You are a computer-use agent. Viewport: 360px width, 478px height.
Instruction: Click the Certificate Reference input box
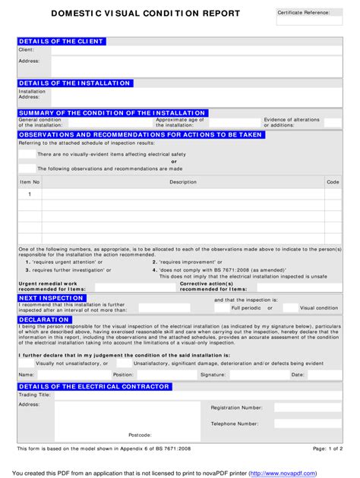tap(309, 22)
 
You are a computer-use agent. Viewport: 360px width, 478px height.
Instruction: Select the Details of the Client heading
tap(62, 41)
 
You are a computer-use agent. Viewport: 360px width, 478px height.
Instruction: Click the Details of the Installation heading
tap(74, 83)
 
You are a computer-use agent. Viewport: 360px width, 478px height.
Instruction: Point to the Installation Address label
tap(32, 94)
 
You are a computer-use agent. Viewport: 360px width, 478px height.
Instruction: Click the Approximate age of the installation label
tap(179, 122)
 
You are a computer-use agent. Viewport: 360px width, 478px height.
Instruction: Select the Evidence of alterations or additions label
tap(292, 122)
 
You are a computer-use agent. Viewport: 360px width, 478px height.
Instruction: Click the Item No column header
tap(30, 182)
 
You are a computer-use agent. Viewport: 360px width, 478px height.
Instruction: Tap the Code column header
tap(333, 182)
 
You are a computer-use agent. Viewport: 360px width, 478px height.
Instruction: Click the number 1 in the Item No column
tap(30, 195)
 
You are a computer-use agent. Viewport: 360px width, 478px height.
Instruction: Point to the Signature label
tap(213, 375)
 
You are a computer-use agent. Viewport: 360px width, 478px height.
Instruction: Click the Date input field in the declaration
tap(324, 375)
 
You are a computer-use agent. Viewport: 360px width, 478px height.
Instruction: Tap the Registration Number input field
tap(308, 407)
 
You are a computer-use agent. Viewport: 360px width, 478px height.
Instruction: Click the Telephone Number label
tap(235, 423)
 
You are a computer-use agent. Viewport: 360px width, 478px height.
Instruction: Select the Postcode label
tap(140, 435)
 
